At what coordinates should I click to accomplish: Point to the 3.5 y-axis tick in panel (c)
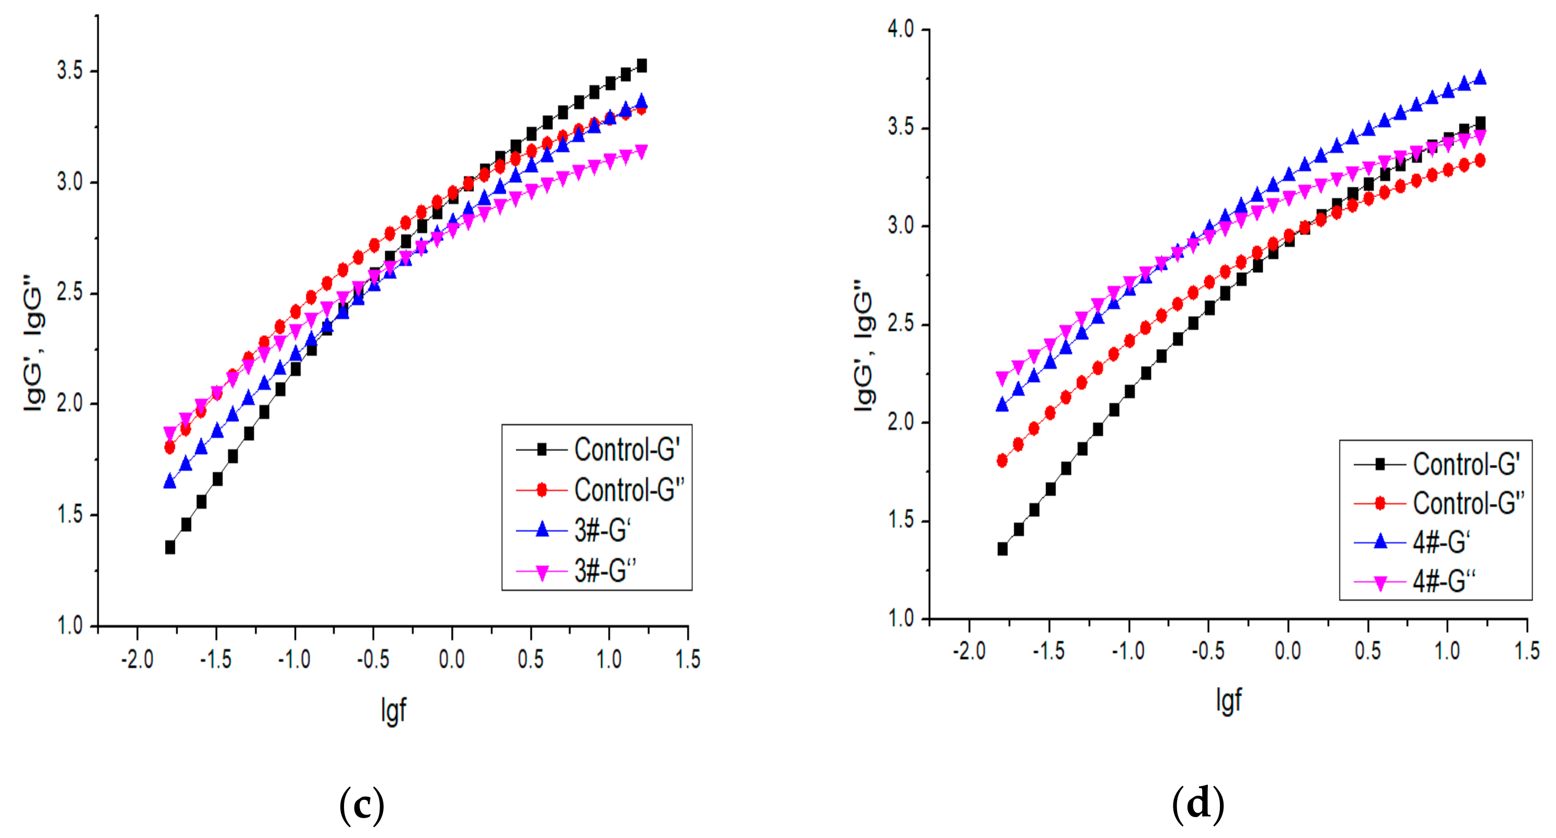click(69, 70)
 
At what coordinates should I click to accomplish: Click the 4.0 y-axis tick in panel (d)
click(900, 29)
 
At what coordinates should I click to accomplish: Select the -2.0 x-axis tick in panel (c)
click(137, 659)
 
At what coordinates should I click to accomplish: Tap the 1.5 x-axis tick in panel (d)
click(1526, 651)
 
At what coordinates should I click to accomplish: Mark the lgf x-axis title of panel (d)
click(1228, 700)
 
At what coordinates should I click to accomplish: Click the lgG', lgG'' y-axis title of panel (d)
click(864, 345)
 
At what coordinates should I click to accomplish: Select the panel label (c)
click(361, 805)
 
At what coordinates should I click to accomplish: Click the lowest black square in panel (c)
click(170, 547)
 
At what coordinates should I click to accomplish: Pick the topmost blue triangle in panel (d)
click(1480, 77)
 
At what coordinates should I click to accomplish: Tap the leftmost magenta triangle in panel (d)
click(1002, 378)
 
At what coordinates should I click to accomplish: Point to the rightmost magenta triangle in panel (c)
click(641, 151)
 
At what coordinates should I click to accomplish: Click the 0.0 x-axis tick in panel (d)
click(1287, 651)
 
